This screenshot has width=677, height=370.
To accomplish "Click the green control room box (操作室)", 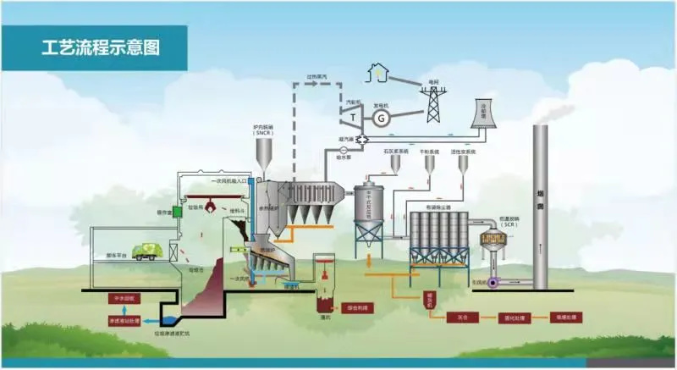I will (179, 211).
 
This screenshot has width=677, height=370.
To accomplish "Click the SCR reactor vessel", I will (493, 239).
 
